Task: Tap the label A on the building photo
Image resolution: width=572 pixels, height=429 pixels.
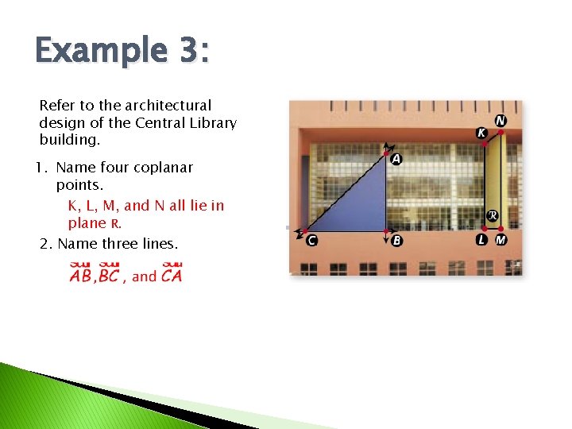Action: pyautogui.click(x=396, y=160)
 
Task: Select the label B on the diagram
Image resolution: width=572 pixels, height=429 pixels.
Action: pyautogui.click(x=396, y=241)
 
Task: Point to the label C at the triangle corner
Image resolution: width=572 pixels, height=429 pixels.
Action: pyautogui.click(x=311, y=241)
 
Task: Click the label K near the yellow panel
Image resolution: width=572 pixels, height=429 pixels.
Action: pyautogui.click(x=481, y=133)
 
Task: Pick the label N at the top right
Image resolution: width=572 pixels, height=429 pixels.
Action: pyautogui.click(x=500, y=121)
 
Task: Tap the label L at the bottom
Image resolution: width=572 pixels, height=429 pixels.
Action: pyautogui.click(x=482, y=240)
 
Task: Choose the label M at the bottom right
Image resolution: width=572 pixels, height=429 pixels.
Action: pyautogui.click(x=500, y=240)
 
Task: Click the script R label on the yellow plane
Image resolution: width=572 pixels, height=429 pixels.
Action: pyautogui.click(x=493, y=215)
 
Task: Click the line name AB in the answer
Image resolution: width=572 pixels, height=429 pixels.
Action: pyautogui.click(x=80, y=276)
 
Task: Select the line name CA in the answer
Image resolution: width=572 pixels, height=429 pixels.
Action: pyautogui.click(x=171, y=276)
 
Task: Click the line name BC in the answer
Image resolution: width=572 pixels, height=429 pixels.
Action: pyautogui.click(x=108, y=276)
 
